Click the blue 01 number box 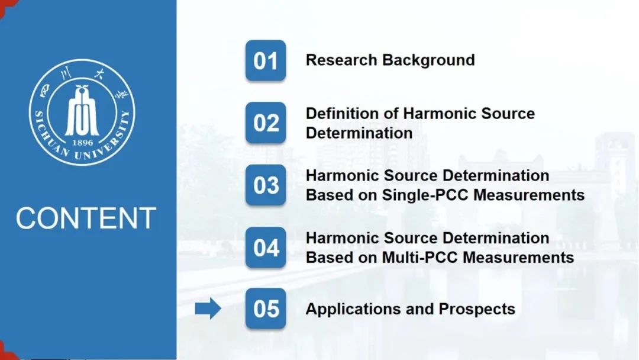point(266,60)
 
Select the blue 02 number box point(266,123)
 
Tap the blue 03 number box point(266,185)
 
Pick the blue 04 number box point(266,247)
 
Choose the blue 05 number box point(266,308)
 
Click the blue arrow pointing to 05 point(208,308)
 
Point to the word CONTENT point(86,218)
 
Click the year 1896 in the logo point(82,143)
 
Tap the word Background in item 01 point(428,60)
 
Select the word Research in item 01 point(341,60)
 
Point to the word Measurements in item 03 point(529,195)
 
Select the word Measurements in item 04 point(518,258)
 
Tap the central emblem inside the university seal point(82,110)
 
